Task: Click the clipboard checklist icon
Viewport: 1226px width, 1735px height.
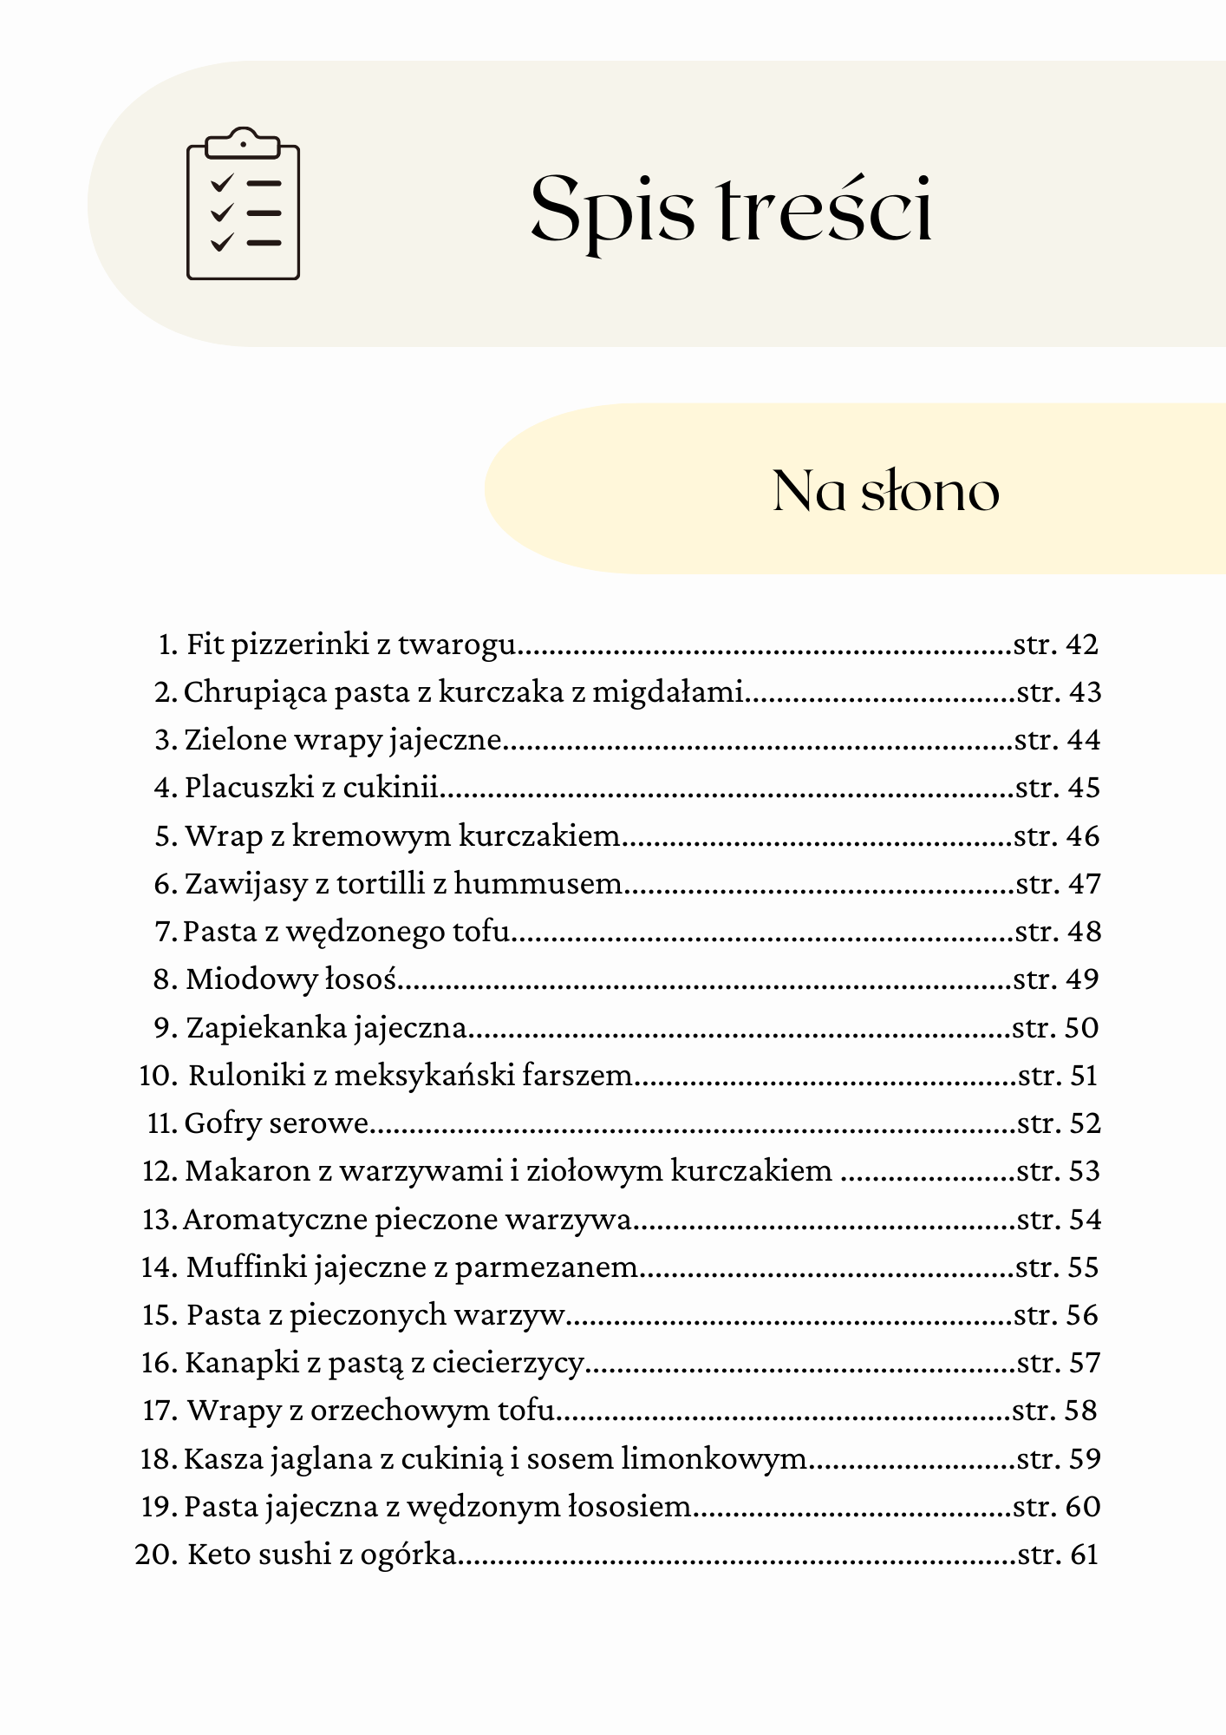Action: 244,205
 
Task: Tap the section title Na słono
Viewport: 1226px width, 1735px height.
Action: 885,491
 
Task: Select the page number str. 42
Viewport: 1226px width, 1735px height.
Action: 1056,645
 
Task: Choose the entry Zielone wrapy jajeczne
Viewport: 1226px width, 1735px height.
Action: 342,740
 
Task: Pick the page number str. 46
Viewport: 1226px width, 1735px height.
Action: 1056,836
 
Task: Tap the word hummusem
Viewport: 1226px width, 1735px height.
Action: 538,884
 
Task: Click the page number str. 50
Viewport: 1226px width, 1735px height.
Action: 1055,1028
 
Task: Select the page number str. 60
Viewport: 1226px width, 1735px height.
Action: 1056,1507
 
